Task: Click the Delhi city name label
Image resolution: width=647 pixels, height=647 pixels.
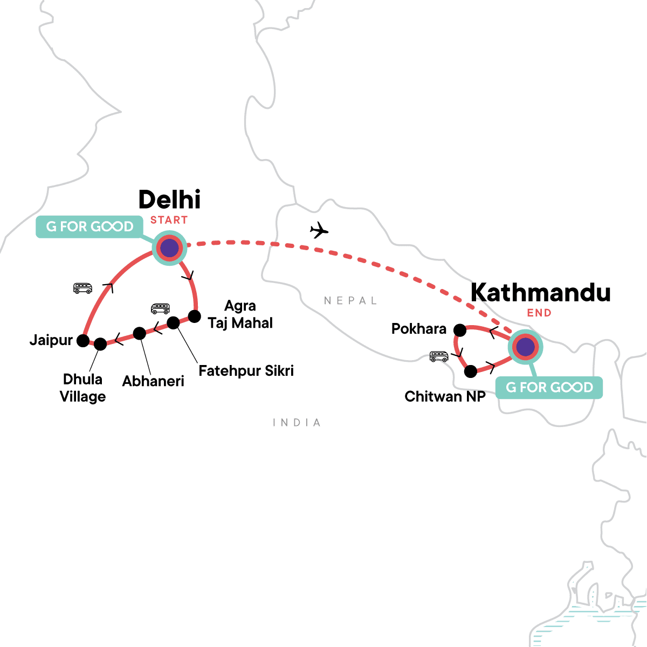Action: pyautogui.click(x=170, y=200)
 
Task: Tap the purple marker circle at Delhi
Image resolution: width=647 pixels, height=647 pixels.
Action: pyautogui.click(x=169, y=249)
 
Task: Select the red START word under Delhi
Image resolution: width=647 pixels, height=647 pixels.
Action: pyautogui.click(x=169, y=220)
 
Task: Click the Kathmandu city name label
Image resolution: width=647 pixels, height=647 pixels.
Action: pyautogui.click(x=540, y=293)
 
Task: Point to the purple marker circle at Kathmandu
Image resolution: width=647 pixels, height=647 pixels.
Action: pyautogui.click(x=526, y=347)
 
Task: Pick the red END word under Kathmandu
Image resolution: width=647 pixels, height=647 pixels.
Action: pyautogui.click(x=539, y=313)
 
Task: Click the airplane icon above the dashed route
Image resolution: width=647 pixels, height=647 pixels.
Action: pyautogui.click(x=319, y=230)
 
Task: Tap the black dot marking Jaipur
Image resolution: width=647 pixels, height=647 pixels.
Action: pyautogui.click(x=83, y=340)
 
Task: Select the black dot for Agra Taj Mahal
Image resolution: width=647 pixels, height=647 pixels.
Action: pyautogui.click(x=194, y=316)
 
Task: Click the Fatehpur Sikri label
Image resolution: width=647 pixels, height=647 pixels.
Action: pyautogui.click(x=246, y=371)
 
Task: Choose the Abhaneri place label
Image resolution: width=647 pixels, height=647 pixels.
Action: pyautogui.click(x=153, y=381)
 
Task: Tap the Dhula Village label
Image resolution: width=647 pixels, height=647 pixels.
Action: pyautogui.click(x=82, y=388)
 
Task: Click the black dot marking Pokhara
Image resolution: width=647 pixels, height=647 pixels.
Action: pyautogui.click(x=460, y=329)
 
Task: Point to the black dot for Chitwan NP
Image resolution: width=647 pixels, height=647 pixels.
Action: pyautogui.click(x=471, y=371)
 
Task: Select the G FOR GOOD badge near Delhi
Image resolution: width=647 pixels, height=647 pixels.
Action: pyautogui.click(x=90, y=226)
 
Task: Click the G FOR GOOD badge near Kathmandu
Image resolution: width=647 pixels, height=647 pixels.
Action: pyautogui.click(x=549, y=387)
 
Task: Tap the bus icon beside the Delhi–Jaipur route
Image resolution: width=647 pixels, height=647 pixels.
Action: pyautogui.click(x=82, y=288)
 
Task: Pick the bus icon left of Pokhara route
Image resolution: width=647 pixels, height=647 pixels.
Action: pyautogui.click(x=439, y=356)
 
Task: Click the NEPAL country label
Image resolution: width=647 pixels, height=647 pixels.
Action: pyautogui.click(x=350, y=301)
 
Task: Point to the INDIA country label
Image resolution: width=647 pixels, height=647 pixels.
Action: pyautogui.click(x=297, y=423)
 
